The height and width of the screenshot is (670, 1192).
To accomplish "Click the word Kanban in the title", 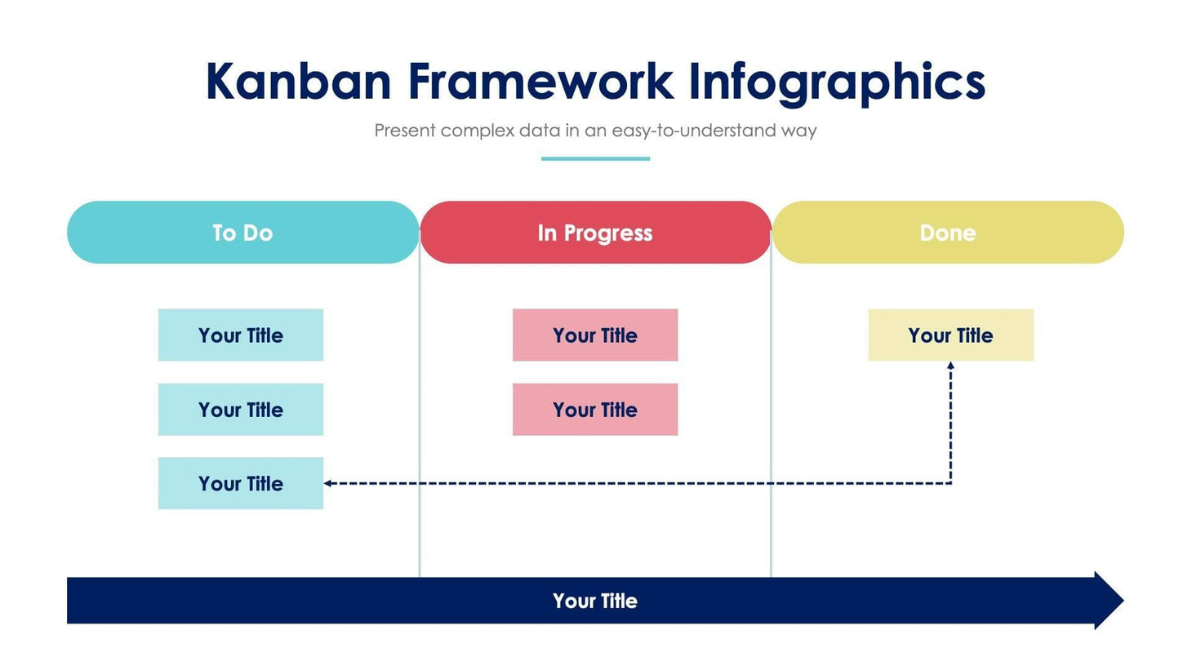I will point(298,82).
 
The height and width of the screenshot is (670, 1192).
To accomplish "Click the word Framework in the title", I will point(540,82).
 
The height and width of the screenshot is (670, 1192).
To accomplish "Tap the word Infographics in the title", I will point(837,82).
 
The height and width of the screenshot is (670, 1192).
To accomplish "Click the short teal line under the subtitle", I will point(595,158).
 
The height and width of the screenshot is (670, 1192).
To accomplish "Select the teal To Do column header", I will point(242,233).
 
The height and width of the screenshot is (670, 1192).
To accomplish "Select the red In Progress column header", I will point(595,233).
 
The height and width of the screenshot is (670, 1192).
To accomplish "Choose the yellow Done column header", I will point(948,233).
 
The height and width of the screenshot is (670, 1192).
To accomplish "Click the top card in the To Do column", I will point(241,335).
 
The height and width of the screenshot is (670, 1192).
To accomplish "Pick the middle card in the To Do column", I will point(241,410).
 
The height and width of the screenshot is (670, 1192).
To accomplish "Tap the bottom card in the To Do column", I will point(241,484).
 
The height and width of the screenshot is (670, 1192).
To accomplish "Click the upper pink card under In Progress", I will point(595,335).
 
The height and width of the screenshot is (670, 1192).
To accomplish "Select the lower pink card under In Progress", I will point(595,410).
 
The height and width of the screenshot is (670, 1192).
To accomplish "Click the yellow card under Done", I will point(950,335).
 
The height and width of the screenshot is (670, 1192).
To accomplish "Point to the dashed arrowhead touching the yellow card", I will point(950,366).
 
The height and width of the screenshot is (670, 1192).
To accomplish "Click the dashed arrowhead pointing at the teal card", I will point(328,483).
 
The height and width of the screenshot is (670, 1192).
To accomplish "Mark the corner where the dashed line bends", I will point(950,483).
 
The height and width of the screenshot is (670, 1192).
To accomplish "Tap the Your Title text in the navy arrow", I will point(595,601).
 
